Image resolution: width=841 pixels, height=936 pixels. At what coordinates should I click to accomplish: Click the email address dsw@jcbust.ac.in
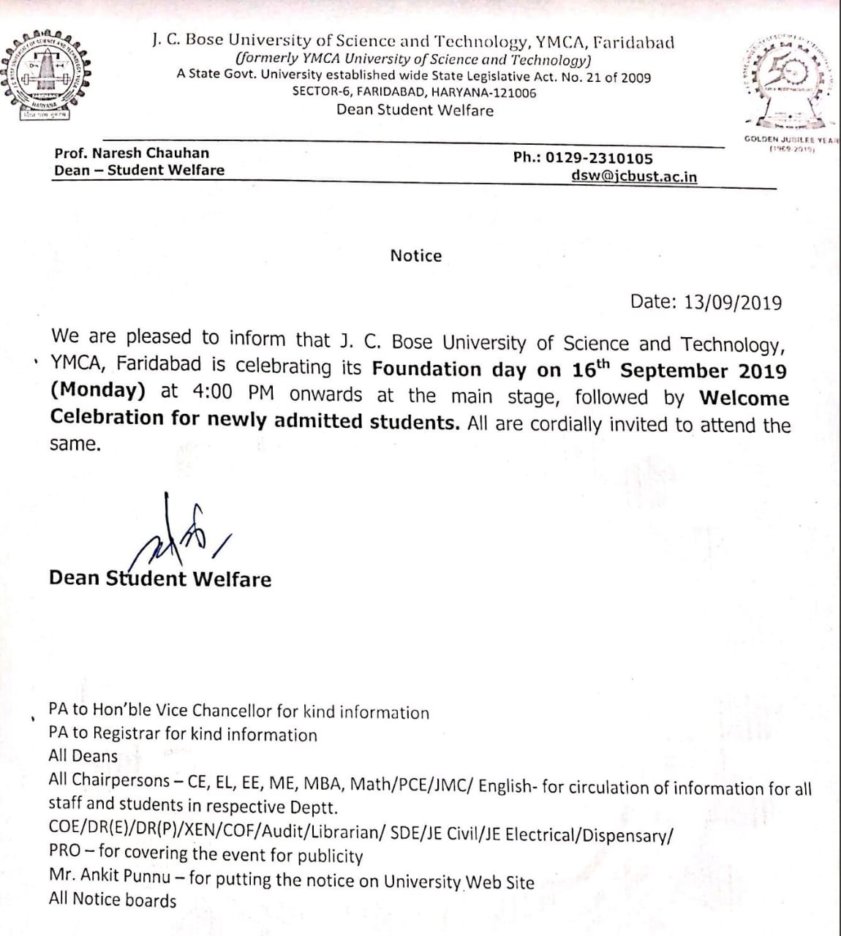click(x=634, y=177)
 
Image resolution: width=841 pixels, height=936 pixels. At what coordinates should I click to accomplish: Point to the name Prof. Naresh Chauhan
click(x=132, y=153)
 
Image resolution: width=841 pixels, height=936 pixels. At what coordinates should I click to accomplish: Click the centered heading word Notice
click(x=416, y=256)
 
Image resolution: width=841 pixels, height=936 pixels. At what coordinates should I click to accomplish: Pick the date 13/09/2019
click(x=733, y=303)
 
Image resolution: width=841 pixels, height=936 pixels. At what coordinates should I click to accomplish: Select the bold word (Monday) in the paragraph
click(x=98, y=390)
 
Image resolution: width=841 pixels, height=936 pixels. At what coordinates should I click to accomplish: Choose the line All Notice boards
click(x=113, y=899)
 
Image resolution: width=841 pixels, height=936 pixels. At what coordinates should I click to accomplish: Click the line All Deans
click(x=83, y=756)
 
